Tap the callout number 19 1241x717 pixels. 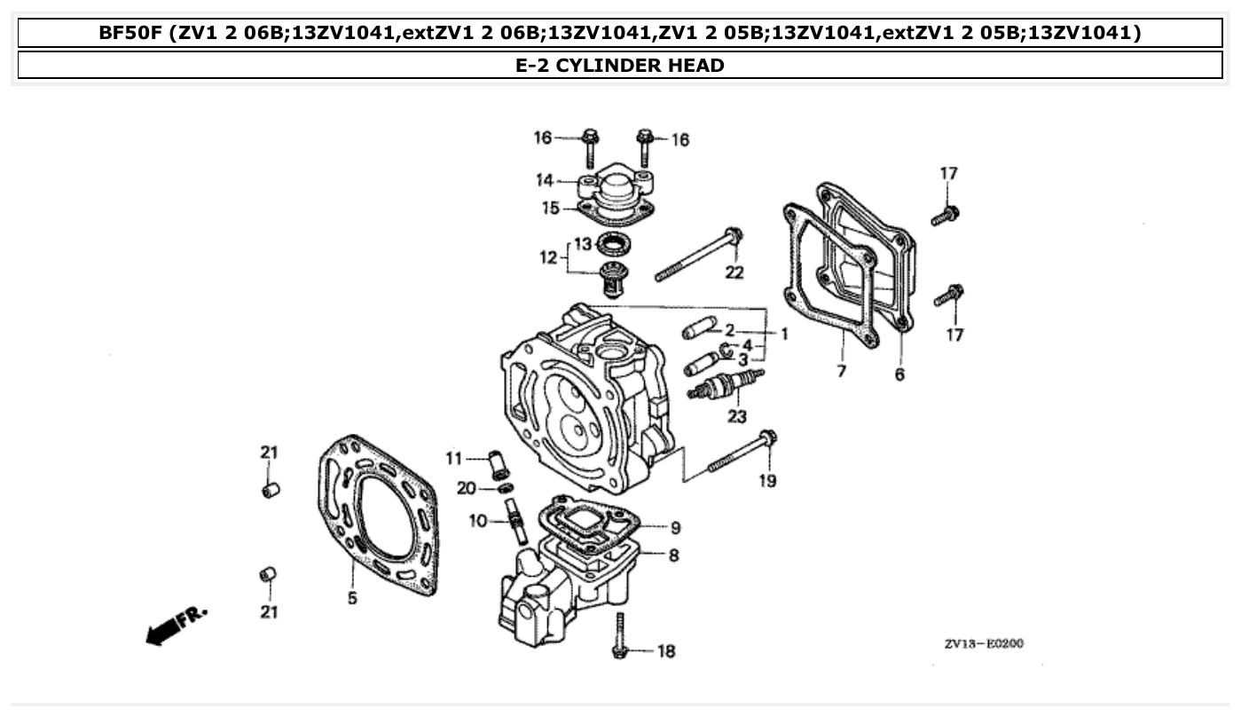click(x=767, y=480)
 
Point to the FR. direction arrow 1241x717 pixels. click(x=176, y=625)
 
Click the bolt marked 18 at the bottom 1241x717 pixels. click(x=620, y=634)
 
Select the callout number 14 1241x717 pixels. click(x=544, y=180)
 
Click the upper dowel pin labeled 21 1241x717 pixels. click(x=271, y=489)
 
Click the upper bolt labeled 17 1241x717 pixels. click(x=946, y=215)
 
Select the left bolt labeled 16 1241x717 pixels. click(x=590, y=147)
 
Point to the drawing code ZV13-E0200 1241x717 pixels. click(x=984, y=643)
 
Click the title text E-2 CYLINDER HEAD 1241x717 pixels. click(x=619, y=65)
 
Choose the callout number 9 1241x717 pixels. click(x=675, y=528)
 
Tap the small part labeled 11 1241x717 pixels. click(x=498, y=463)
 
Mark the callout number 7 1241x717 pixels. click(x=841, y=371)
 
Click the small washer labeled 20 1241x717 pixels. click(x=505, y=489)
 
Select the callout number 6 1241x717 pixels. click(x=899, y=374)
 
